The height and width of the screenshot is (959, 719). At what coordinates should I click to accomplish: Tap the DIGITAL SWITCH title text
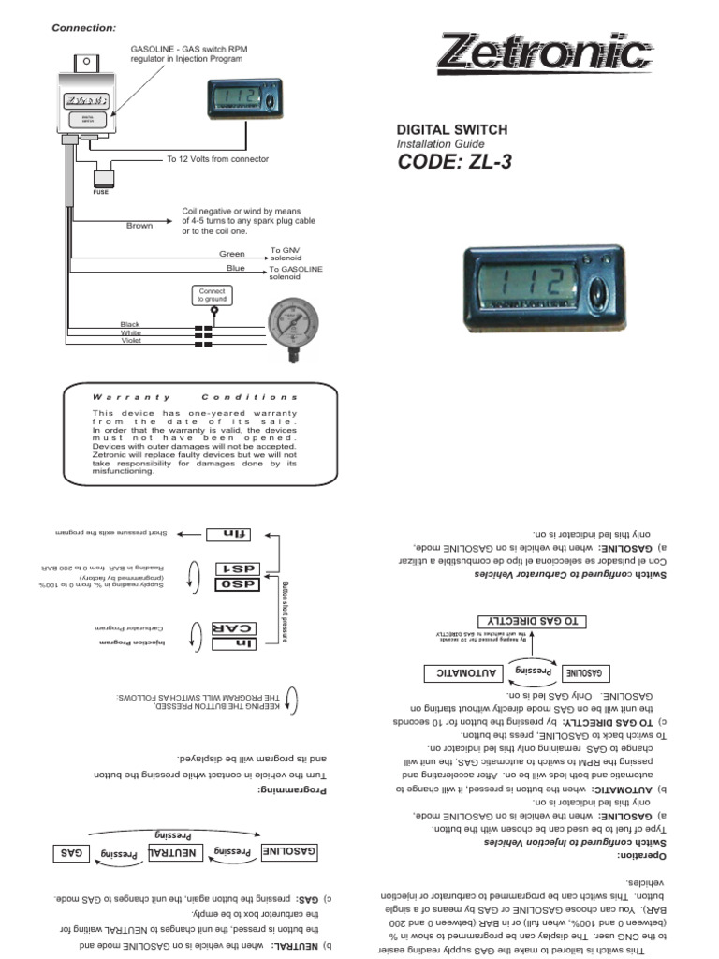pyautogui.click(x=453, y=129)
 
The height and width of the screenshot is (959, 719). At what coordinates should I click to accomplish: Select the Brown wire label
pyautogui.click(x=139, y=226)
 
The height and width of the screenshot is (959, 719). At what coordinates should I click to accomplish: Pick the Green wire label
pyautogui.click(x=231, y=254)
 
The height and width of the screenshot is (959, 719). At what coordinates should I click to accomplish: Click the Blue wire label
pyautogui.click(x=235, y=269)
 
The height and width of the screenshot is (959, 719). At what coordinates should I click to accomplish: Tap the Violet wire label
pyautogui.click(x=130, y=340)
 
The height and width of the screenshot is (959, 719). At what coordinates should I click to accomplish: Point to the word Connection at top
pyautogui.click(x=83, y=28)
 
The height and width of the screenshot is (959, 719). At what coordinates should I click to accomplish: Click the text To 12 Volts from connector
pyautogui.click(x=217, y=159)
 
